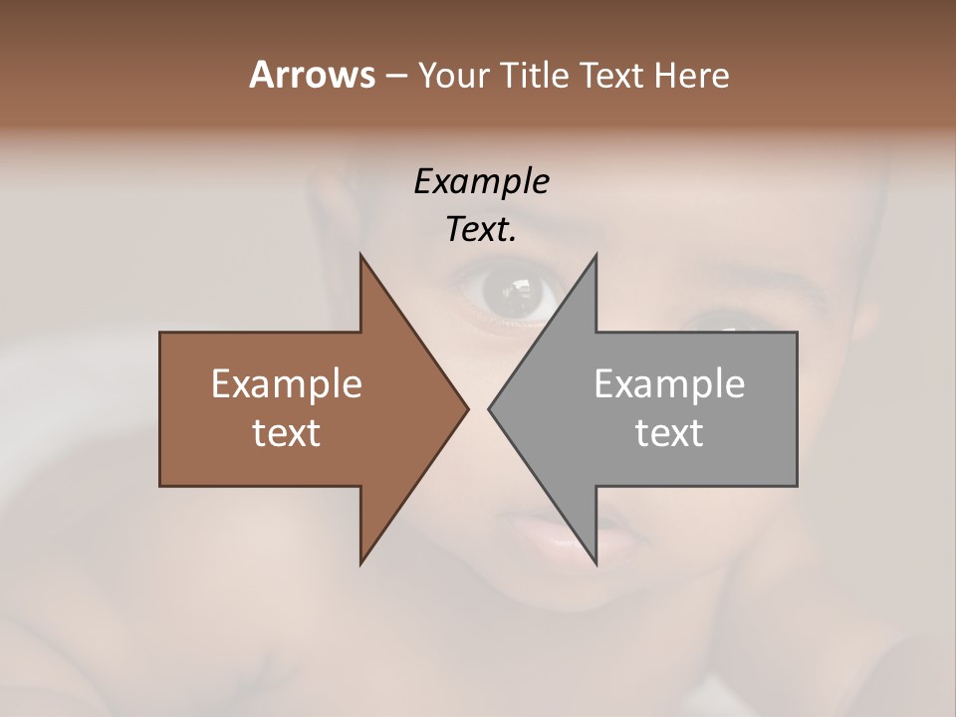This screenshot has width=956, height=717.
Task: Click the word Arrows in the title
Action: (311, 75)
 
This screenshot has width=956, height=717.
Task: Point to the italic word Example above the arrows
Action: (481, 181)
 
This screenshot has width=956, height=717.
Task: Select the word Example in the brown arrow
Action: (287, 383)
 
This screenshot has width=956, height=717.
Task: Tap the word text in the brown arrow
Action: (287, 432)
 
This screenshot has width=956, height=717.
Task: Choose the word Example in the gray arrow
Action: (669, 383)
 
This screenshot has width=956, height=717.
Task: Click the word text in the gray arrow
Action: (669, 432)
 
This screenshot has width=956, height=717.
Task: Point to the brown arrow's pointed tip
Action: (467, 408)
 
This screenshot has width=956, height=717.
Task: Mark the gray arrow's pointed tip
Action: (489, 408)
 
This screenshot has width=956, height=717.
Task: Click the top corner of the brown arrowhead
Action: (360, 255)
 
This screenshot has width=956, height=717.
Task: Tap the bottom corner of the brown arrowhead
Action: (360, 563)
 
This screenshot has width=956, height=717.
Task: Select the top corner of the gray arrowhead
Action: (596, 255)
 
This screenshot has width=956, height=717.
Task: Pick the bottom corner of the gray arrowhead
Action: (596, 563)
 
